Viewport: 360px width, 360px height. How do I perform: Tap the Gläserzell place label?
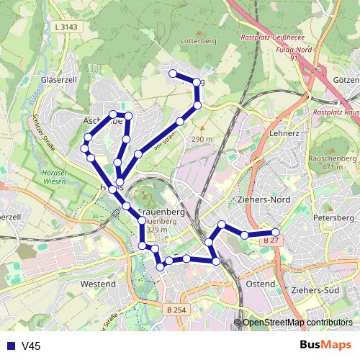[x=60, y=79]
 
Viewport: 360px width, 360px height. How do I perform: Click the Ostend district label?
[x=261, y=284]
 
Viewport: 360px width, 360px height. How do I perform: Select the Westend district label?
[x=99, y=284]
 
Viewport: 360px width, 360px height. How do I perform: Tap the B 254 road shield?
[x=176, y=310]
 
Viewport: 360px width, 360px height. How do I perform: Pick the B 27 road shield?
[x=271, y=239]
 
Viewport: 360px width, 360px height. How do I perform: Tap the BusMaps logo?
[x=325, y=346]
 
